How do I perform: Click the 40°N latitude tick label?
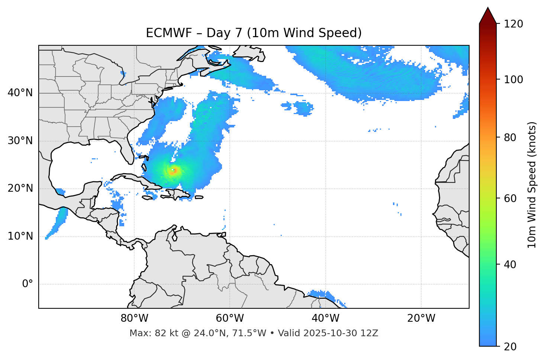[x=20, y=93]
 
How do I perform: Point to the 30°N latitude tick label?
[x=20, y=141]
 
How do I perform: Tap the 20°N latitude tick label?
[x=20, y=188]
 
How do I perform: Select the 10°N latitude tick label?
[x=20, y=236]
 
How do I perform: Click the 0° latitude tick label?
[x=28, y=284]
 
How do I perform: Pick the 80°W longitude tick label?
[x=134, y=318]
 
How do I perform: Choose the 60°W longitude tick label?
[x=230, y=318]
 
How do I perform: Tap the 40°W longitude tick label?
[x=325, y=318]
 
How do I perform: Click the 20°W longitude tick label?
[x=421, y=318]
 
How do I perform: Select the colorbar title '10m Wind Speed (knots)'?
[x=532, y=185]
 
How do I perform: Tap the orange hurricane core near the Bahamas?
[x=174, y=171]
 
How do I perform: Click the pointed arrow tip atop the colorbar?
[x=488, y=9]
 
